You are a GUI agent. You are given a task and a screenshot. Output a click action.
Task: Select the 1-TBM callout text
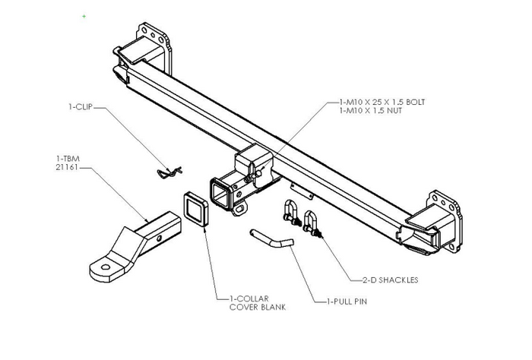(68, 158)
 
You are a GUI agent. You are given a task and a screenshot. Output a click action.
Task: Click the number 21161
(68, 166)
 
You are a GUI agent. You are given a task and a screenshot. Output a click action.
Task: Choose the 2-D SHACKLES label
(390, 279)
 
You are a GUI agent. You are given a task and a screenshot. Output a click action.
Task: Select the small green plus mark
(84, 16)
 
